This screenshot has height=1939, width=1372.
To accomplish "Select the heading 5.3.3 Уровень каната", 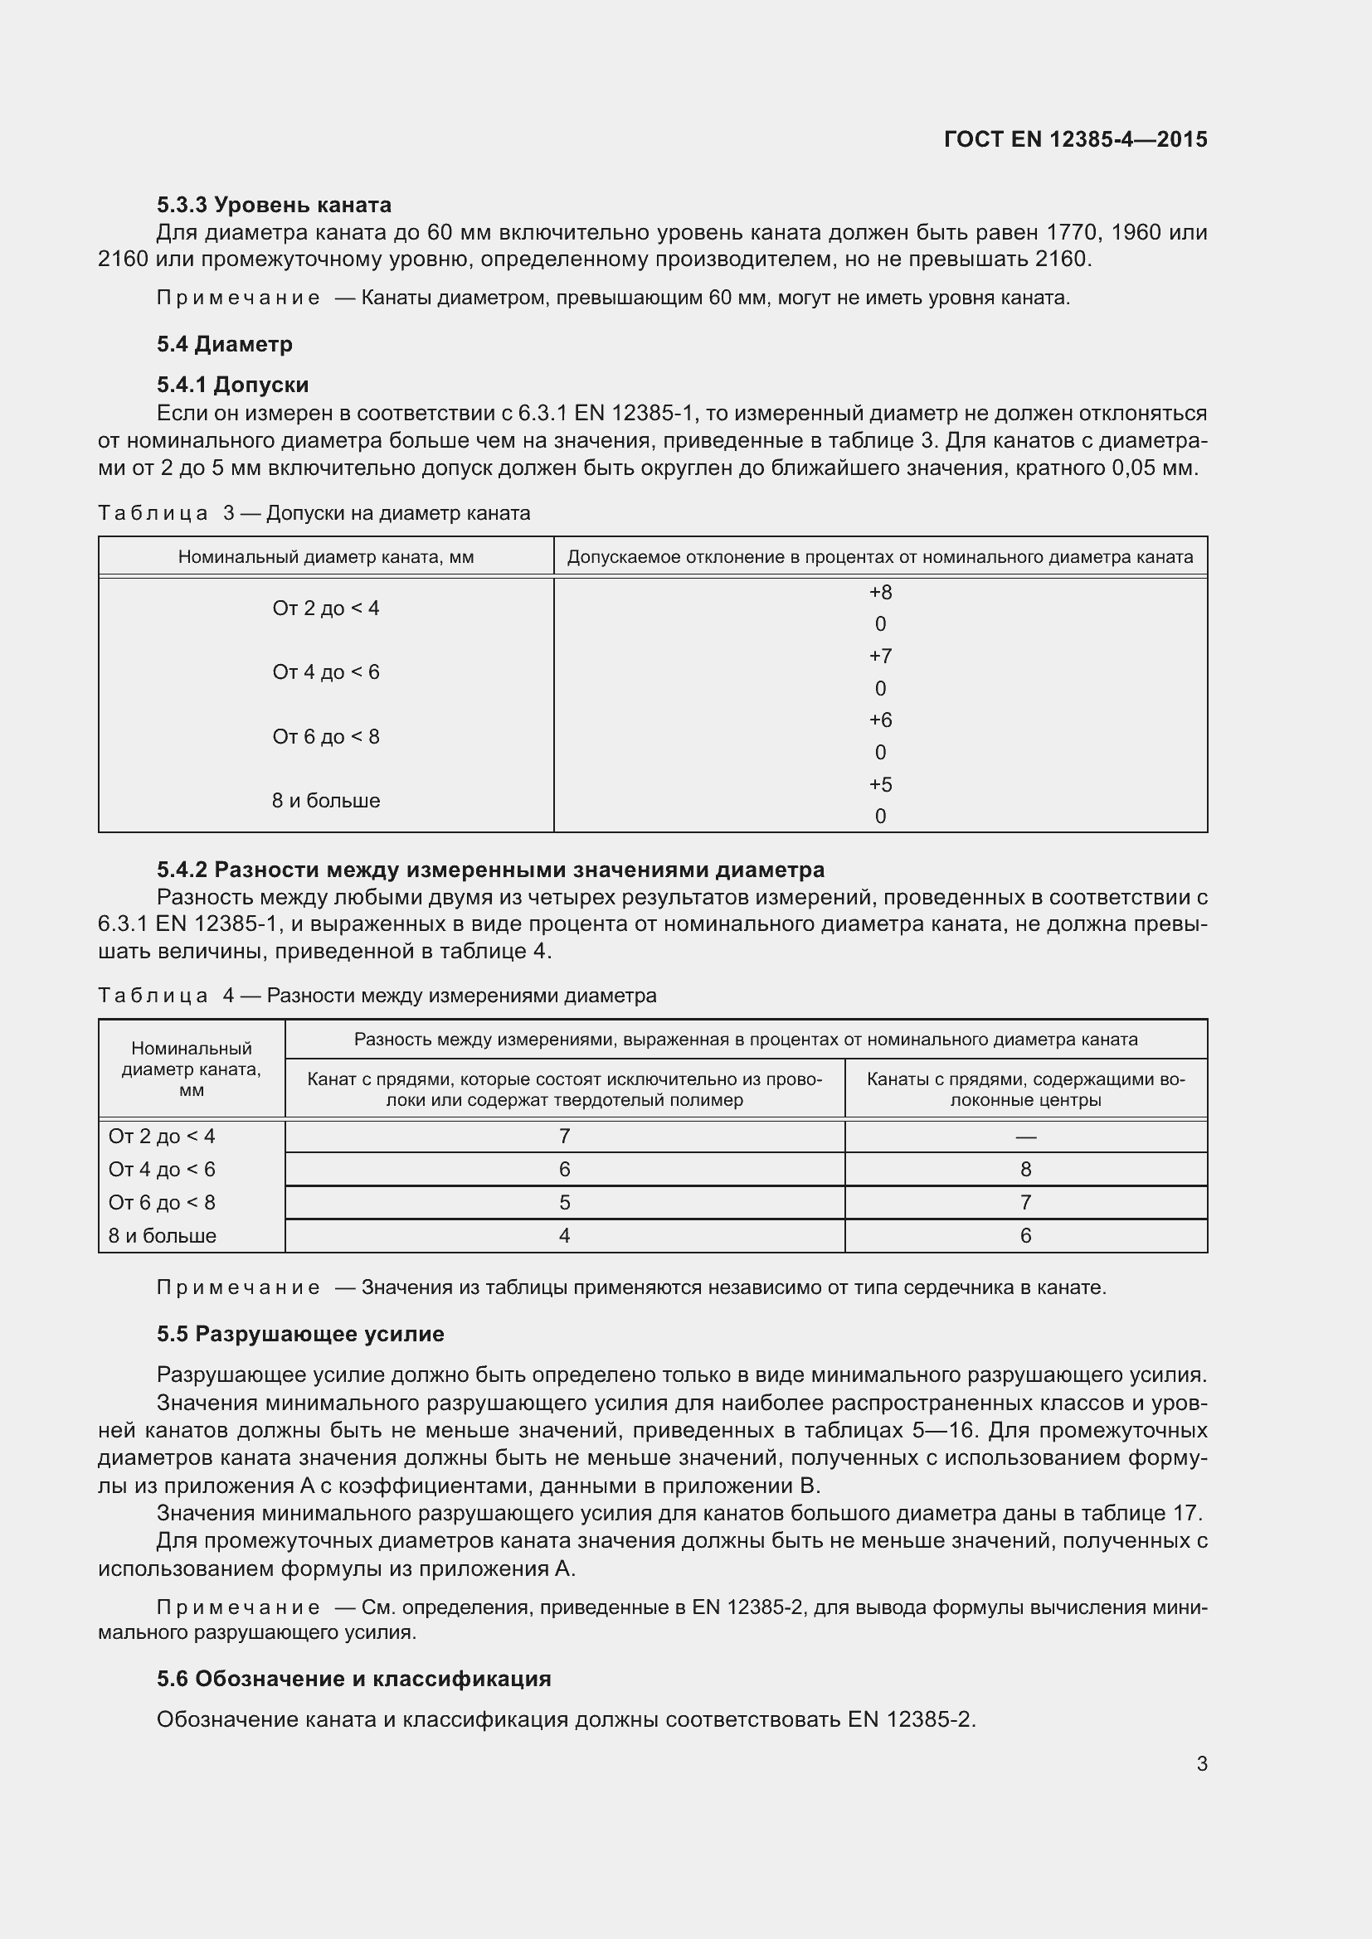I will pos(274,205).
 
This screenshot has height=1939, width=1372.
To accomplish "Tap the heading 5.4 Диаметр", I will pos(224,344).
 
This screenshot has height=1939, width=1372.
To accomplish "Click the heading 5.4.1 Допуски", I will pos(232,385).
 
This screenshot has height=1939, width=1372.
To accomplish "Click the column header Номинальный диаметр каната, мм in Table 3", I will pos(325,557).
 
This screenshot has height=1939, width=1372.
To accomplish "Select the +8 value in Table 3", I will pos(879,592).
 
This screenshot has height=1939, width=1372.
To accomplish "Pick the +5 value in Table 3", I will pos(879,784).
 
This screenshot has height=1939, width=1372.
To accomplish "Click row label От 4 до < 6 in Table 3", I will pos(325,672).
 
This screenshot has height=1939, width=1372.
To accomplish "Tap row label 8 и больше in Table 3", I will pos(325,801).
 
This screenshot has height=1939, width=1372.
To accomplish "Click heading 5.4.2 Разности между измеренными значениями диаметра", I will pos(490,869).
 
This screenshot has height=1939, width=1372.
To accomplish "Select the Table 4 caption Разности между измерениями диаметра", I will pos(377,996).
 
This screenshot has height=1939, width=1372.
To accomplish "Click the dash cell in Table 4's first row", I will pos(1024,1137).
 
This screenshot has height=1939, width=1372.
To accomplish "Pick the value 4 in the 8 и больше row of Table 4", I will pos(564,1235).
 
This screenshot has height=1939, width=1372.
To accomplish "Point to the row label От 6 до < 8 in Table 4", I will pos(162,1203).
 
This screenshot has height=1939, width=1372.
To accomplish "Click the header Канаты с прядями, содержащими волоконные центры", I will pos(1024,1089).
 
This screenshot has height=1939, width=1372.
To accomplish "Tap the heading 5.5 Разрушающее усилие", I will pos(300,1335).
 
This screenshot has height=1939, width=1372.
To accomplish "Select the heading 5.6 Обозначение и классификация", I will pos(353,1678).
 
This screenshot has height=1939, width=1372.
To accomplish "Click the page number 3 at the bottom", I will pos(1201,1764).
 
